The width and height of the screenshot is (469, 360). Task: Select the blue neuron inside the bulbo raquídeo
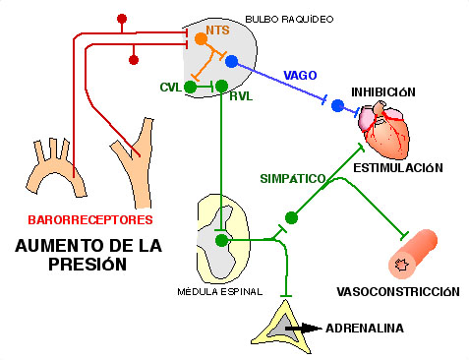(231, 62)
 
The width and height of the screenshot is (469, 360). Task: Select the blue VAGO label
(300, 75)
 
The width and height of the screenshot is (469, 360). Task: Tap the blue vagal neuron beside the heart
(338, 105)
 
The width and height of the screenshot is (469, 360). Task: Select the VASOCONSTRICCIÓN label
(398, 292)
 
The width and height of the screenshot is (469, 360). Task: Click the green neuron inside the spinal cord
(222, 239)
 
